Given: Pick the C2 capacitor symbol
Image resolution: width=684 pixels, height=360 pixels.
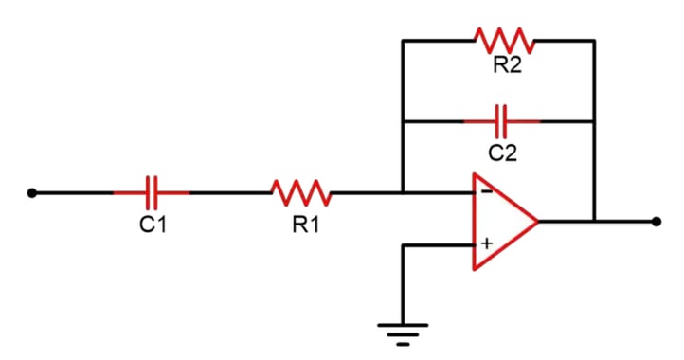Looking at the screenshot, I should (x=502, y=121).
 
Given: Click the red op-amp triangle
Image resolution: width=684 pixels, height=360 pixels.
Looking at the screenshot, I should (x=502, y=221).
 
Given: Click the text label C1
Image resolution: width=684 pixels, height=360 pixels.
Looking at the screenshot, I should (x=152, y=225).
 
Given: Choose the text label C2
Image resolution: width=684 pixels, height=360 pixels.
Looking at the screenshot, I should (x=502, y=152).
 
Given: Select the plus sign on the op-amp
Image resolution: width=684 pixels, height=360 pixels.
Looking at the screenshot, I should (x=486, y=244).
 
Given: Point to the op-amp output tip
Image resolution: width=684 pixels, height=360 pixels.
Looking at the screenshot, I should (x=537, y=221).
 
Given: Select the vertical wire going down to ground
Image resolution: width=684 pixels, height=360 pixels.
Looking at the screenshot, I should (x=403, y=284).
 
